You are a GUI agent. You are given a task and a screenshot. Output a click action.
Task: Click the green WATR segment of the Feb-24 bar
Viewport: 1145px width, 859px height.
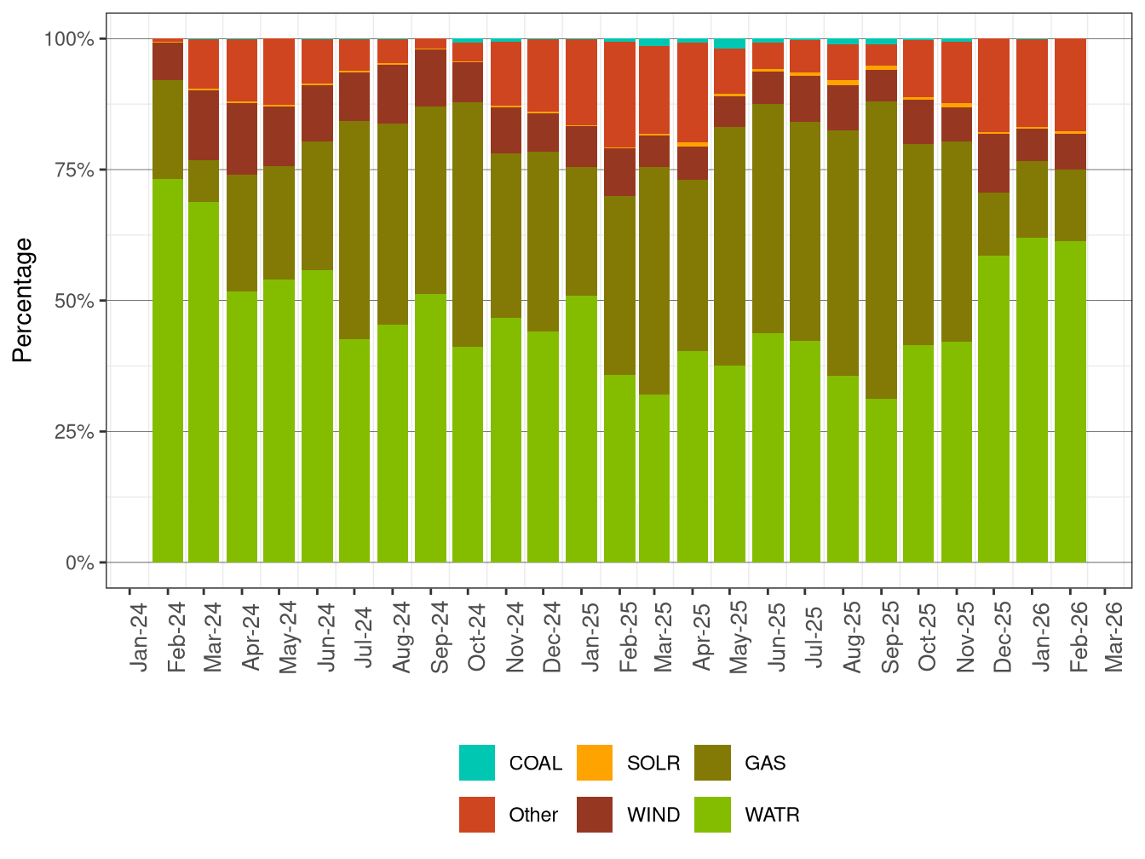coord(168,371)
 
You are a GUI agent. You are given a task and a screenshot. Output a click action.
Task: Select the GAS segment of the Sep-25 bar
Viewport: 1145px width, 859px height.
coord(881,250)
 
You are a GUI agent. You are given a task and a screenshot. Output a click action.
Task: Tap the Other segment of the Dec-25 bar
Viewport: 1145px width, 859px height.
coord(993,85)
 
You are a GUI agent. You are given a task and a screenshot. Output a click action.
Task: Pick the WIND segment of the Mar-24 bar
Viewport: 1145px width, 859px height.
coord(204,124)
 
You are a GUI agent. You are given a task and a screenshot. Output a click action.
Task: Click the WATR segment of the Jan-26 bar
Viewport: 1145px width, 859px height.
coord(1032,400)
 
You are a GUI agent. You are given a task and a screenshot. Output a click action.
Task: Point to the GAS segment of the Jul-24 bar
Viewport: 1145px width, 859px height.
coord(354,230)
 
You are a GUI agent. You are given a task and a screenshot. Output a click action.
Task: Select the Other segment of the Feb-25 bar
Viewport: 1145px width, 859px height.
coord(619,95)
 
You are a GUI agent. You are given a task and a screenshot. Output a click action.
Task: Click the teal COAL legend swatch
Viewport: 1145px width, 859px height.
coord(476,763)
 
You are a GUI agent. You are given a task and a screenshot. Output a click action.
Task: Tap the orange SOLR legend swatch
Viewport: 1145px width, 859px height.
coord(595,763)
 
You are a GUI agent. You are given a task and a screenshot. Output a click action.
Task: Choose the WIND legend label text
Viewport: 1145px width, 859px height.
coord(653,815)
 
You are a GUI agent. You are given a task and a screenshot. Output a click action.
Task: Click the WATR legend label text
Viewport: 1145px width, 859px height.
coord(772,815)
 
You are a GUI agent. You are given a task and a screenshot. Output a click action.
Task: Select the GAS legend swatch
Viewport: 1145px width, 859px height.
coord(712,763)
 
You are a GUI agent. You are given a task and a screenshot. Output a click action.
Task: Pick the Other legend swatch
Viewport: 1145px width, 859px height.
coord(476,815)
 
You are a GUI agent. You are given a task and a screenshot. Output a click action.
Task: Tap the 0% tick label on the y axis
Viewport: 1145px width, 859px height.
coord(78,562)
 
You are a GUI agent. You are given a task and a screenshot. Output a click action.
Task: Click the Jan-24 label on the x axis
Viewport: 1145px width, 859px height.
coord(139,637)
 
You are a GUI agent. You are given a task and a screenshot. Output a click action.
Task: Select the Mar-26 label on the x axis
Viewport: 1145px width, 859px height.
coord(1113,637)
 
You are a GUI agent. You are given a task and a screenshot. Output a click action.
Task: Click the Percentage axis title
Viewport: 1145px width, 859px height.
coord(23,300)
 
